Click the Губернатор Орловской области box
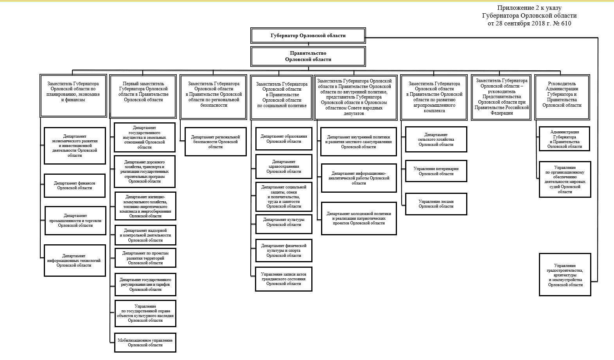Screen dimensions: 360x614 click(x=308, y=36)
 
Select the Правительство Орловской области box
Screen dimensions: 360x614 click(x=308, y=57)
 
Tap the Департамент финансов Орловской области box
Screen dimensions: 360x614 click(x=75, y=186)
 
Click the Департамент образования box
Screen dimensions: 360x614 click(x=284, y=139)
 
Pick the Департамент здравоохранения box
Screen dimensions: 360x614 click(x=284, y=167)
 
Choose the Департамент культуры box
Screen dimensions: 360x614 click(x=284, y=222)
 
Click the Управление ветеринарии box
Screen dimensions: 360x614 click(x=436, y=171)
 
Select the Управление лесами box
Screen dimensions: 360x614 click(x=436, y=204)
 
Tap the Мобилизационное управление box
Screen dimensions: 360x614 click(x=145, y=343)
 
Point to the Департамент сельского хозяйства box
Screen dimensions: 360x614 click(x=436, y=140)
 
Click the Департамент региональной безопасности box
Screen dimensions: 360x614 click(x=215, y=142)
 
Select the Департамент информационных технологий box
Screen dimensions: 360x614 click(x=74, y=261)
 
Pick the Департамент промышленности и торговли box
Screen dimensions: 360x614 click(x=75, y=221)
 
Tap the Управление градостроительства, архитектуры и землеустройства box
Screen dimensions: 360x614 click(x=565, y=275)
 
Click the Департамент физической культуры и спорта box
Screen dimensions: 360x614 click(x=284, y=251)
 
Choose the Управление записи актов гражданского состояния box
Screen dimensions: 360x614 click(x=284, y=279)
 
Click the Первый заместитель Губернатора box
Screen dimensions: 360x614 click(x=143, y=96)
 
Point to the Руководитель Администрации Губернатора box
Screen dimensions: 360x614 click(x=562, y=97)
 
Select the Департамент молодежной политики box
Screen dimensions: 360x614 click(x=359, y=219)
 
